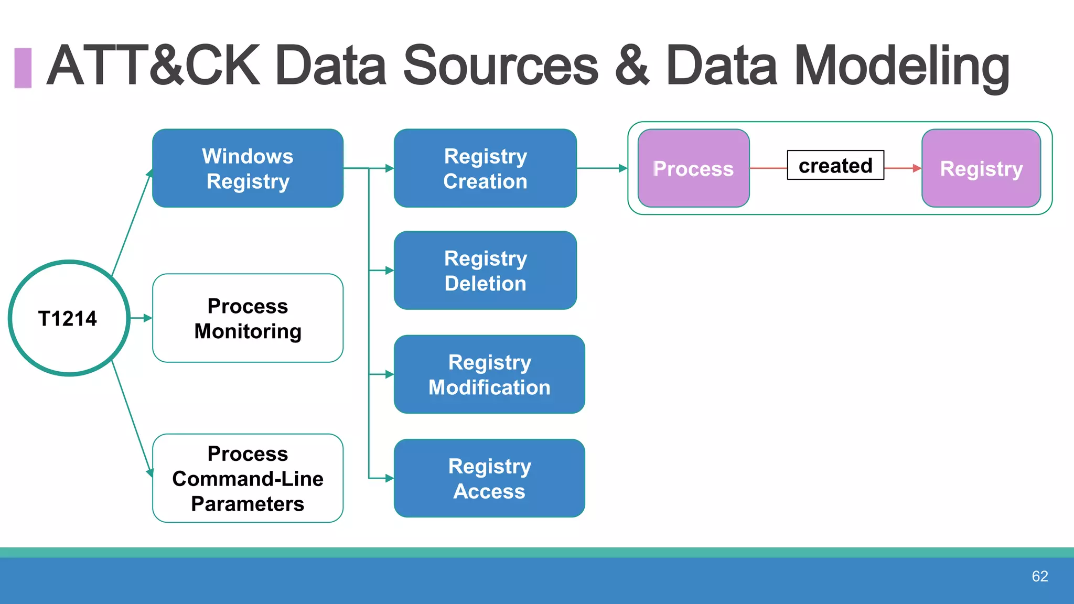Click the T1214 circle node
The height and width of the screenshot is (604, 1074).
point(69,318)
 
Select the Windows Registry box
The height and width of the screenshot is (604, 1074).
point(248,168)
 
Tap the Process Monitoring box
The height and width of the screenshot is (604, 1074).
point(248,318)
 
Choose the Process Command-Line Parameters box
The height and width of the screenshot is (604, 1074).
point(248,478)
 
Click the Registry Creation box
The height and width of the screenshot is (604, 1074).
point(485,168)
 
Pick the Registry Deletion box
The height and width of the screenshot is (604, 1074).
point(485,271)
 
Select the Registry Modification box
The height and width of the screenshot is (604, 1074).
point(489,374)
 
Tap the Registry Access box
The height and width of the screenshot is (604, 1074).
point(489,478)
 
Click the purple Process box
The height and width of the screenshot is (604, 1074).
point(693,168)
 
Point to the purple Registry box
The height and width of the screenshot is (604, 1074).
point(981,168)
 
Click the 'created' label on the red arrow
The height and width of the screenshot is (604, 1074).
point(835,166)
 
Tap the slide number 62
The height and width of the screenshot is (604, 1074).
point(1039,576)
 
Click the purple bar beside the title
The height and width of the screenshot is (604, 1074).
point(23,68)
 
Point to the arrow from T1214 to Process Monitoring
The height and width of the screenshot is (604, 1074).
point(141,318)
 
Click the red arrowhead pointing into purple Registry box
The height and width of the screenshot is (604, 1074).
point(917,168)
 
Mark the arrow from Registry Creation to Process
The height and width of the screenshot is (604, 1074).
point(601,168)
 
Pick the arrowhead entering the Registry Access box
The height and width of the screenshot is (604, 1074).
point(389,478)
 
